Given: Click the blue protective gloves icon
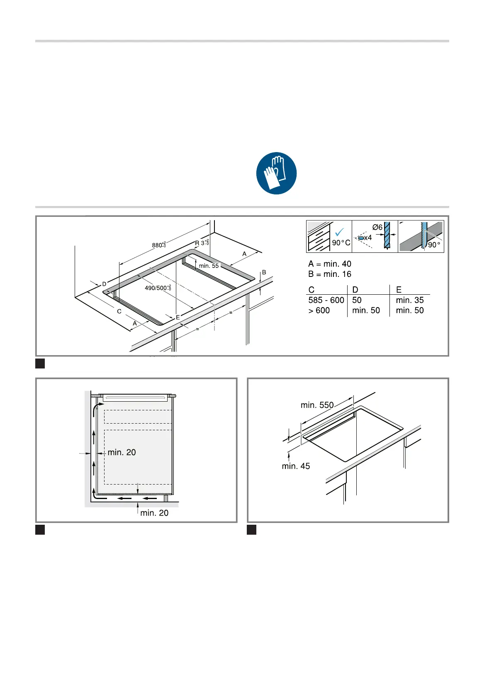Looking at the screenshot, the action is click(x=276, y=173).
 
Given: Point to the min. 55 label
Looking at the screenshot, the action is click(x=209, y=266).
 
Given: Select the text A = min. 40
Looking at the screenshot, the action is click(x=330, y=264).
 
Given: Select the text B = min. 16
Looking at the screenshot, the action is click(x=330, y=274).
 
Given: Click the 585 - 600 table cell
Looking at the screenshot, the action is click(x=326, y=300).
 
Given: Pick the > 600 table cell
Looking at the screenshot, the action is click(x=319, y=310).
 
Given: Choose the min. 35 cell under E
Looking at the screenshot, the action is click(x=410, y=300).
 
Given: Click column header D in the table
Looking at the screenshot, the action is click(x=355, y=290).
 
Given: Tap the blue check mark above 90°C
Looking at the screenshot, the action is click(x=340, y=232).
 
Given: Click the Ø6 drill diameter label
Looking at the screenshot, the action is click(x=377, y=227).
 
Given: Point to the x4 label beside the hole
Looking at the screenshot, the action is click(x=368, y=238).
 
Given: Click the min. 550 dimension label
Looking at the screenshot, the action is click(x=317, y=405).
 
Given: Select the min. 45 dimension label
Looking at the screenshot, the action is click(x=296, y=466).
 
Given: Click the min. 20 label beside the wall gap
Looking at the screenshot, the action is click(x=122, y=453).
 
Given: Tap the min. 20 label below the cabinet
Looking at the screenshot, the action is click(x=154, y=513).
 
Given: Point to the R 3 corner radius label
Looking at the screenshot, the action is click(x=202, y=243).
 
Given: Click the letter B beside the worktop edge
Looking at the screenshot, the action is click(x=264, y=273).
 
